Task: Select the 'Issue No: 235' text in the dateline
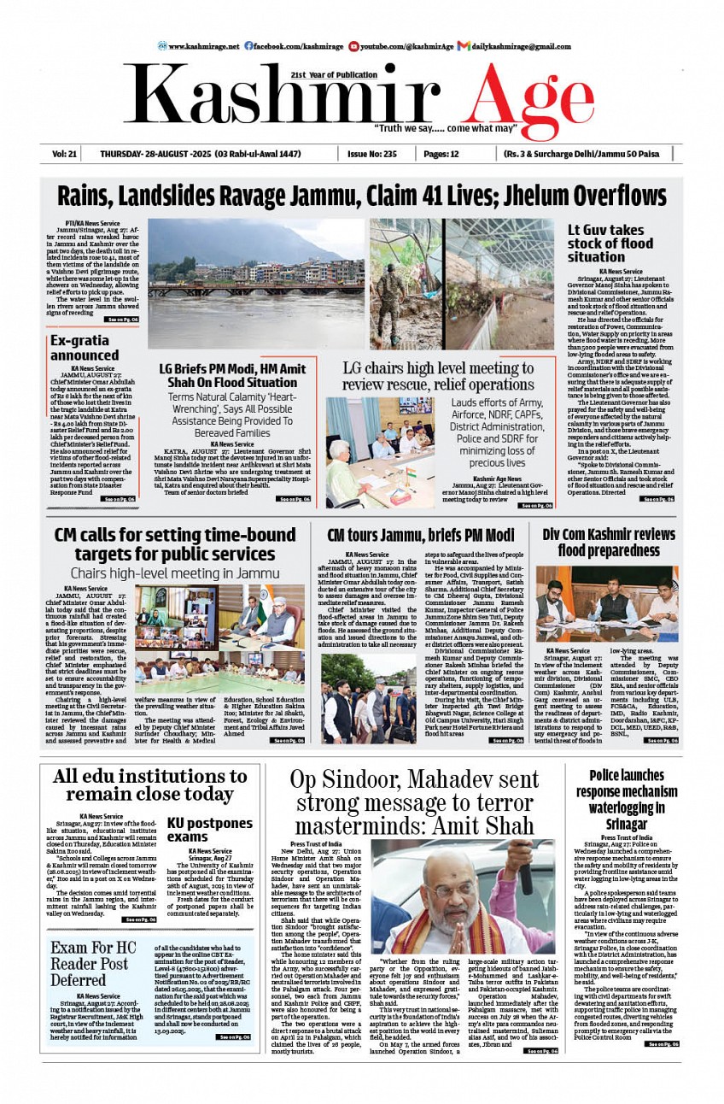372,154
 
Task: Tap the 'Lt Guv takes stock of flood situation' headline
606,244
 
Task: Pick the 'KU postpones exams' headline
209,830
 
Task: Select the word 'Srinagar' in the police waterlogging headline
626,824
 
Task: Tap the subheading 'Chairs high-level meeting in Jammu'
174,573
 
